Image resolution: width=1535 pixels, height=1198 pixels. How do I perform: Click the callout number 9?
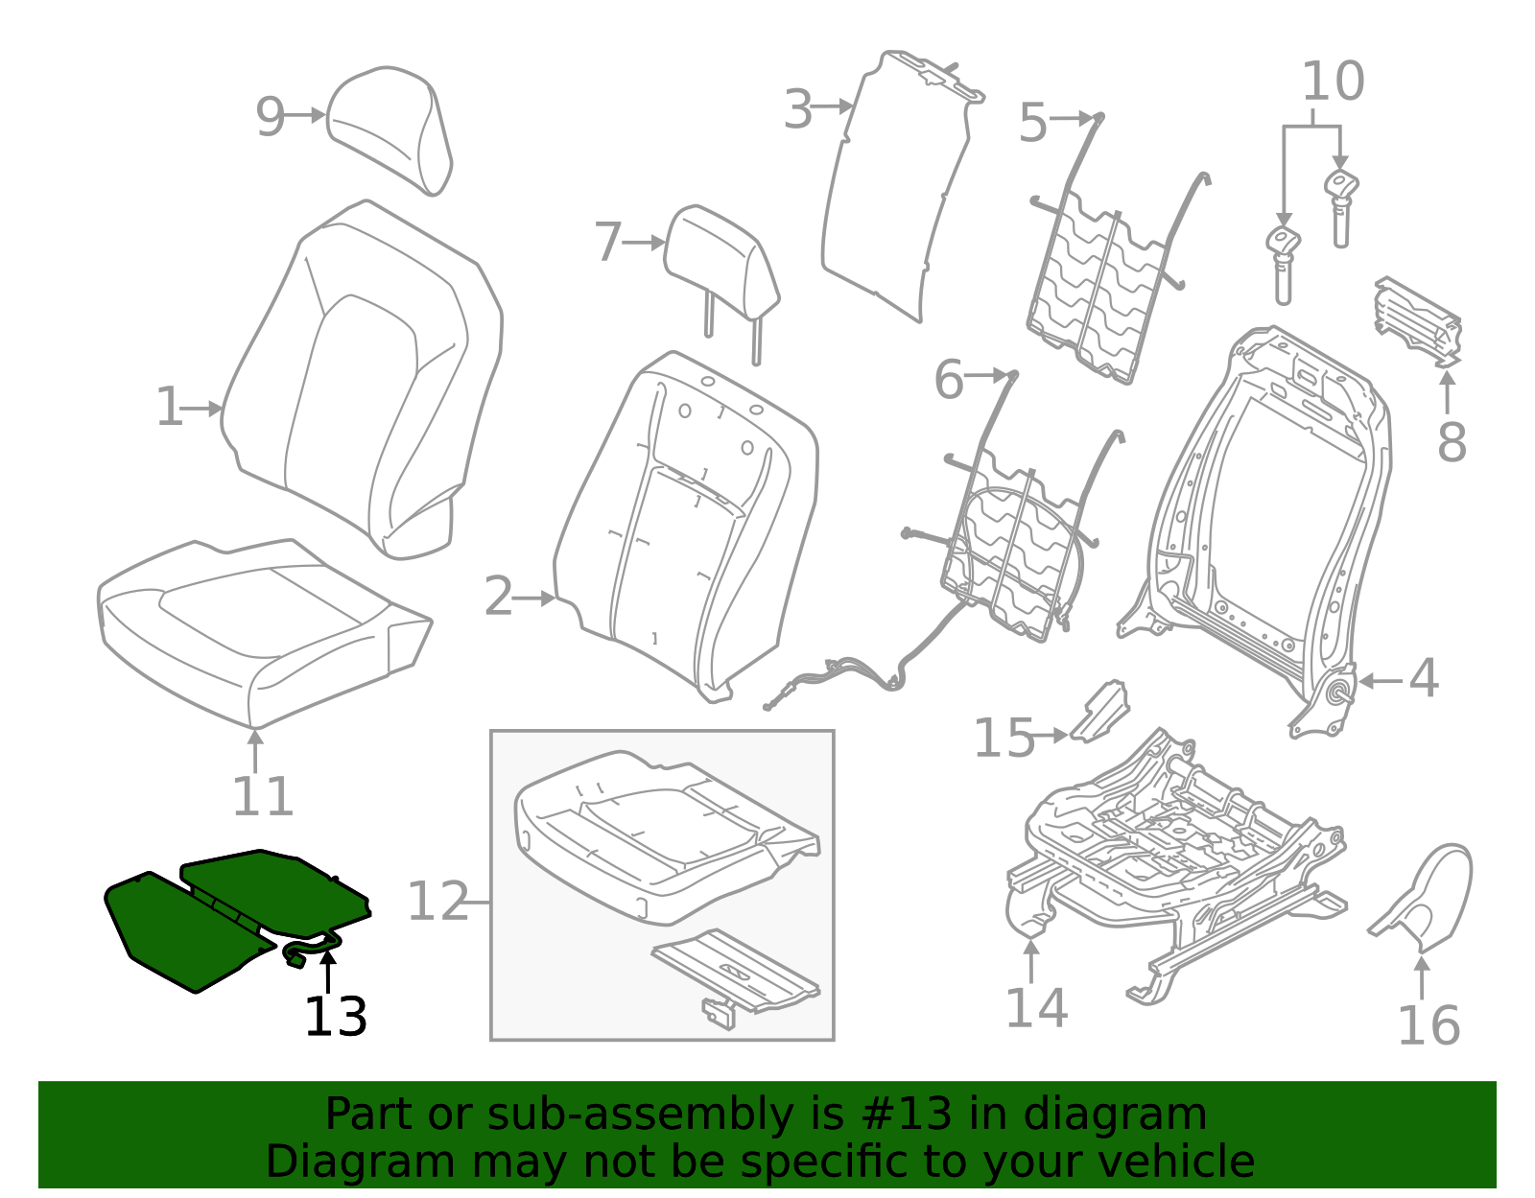(270, 118)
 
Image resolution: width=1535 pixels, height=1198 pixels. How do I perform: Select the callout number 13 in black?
(335, 1018)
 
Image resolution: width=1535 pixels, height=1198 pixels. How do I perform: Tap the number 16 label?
(1428, 1026)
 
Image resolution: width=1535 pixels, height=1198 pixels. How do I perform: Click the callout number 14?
(1035, 1008)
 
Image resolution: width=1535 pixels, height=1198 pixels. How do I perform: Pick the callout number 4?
(1423, 679)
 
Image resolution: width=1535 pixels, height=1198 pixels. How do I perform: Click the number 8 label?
(1452, 443)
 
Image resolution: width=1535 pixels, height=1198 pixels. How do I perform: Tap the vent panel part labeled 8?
(1419, 321)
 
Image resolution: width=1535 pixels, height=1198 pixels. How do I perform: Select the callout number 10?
(1333, 82)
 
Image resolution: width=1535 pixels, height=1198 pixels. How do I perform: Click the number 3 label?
(797, 110)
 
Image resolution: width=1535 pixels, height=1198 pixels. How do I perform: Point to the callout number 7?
(607, 243)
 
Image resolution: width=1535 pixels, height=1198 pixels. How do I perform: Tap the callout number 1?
(169, 409)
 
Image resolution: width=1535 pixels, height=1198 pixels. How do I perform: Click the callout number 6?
(948, 380)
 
